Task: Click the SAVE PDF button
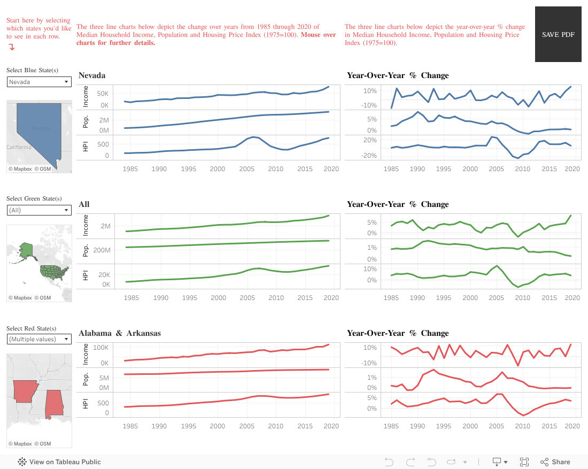[558, 34]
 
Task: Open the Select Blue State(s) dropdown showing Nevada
[39, 82]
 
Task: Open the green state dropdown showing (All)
[39, 210]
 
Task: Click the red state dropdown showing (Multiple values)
[39, 339]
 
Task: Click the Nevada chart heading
[92, 75]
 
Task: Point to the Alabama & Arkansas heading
[120, 333]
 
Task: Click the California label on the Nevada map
[19, 147]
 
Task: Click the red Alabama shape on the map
[54, 404]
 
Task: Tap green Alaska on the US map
[26, 249]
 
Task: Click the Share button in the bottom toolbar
[555, 462]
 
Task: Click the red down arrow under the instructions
[12, 47]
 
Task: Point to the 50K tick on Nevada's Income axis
[102, 93]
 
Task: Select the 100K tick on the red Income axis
[101, 348]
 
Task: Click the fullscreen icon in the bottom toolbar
[524, 462]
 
